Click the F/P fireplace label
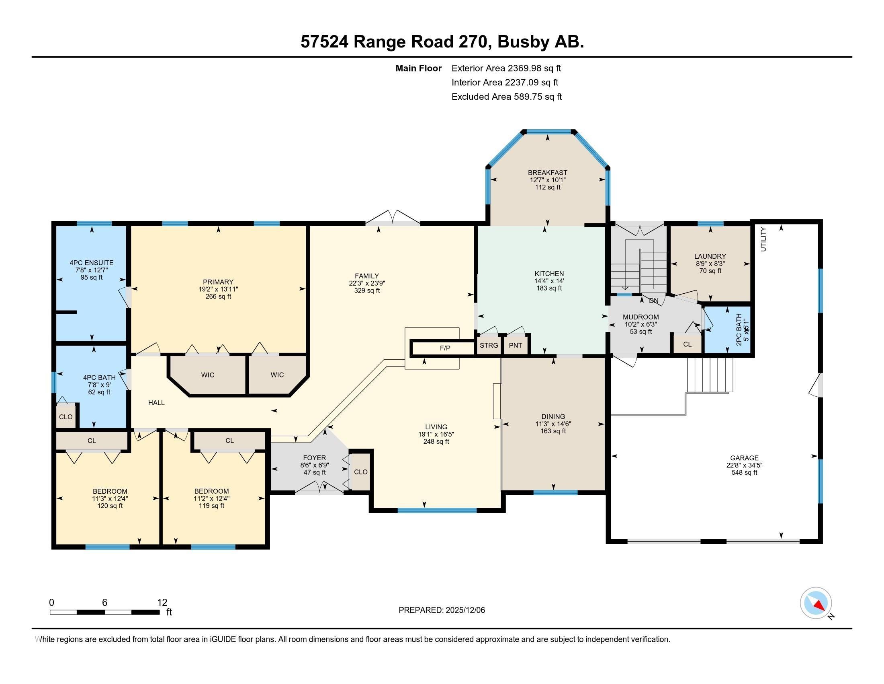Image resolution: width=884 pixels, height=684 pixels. (445, 348)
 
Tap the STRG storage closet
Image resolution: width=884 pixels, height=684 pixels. (489, 345)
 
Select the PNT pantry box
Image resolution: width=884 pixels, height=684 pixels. (515, 345)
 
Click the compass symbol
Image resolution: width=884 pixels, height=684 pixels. (816, 603)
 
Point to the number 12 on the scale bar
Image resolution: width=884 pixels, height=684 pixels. (162, 602)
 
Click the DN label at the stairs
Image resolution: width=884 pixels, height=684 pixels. (653, 301)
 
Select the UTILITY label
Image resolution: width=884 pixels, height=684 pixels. (763, 239)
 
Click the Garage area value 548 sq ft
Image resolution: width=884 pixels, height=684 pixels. (744, 472)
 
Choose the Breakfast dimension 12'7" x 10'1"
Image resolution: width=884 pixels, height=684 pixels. (548, 180)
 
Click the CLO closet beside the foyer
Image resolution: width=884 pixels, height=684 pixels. (360, 472)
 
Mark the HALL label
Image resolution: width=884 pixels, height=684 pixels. (156, 402)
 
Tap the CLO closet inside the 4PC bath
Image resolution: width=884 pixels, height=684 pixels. (65, 416)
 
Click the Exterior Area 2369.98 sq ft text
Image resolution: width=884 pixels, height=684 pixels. (506, 68)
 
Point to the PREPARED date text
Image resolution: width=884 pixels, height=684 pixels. (442, 610)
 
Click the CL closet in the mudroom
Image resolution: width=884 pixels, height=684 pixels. (687, 344)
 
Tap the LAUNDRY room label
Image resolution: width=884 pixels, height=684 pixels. (710, 256)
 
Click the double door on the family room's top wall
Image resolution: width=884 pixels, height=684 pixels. (393, 219)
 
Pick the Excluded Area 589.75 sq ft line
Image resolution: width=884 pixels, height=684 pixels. (506, 97)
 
